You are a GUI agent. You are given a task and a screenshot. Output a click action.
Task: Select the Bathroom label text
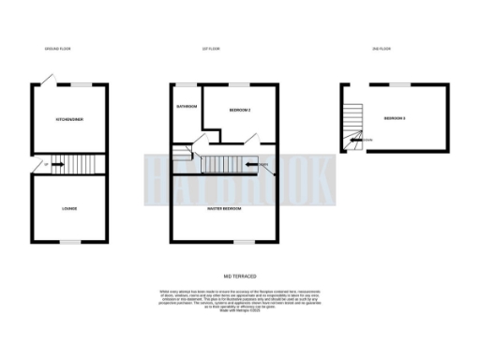[x=186, y=106]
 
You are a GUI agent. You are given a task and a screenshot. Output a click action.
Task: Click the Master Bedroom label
[x=225, y=208]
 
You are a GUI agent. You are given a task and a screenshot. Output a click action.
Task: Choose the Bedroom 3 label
[x=395, y=118]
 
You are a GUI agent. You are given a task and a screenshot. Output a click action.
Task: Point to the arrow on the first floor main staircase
[x=251, y=166]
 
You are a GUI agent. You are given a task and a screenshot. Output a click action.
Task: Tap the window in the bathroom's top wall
[x=186, y=84]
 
